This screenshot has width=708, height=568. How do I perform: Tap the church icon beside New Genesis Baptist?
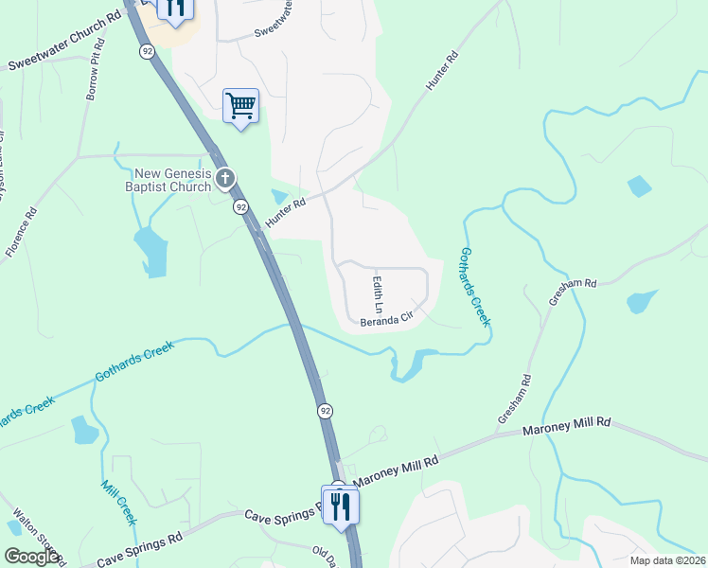225,177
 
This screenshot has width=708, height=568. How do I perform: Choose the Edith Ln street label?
377,293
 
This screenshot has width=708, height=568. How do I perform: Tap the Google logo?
31,557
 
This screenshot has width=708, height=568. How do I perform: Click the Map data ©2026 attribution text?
666,560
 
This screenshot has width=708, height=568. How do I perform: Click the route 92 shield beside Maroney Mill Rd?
325,411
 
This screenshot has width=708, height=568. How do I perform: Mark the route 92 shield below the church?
241,206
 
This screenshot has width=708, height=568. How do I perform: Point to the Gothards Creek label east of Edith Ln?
474,287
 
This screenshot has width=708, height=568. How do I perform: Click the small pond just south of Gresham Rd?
642,302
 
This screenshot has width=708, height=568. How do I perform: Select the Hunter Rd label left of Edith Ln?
286,211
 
